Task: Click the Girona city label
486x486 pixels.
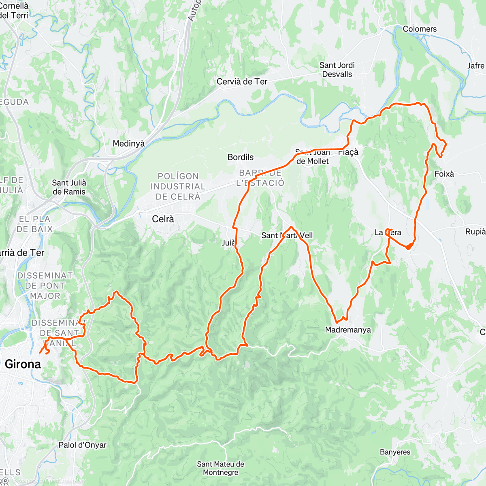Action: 23,364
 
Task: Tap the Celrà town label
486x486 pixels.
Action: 163,219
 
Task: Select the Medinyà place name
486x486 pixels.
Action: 128,143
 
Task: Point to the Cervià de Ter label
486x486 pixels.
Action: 242,81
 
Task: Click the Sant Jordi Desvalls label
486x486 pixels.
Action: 337,70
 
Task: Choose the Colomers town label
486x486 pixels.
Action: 420,29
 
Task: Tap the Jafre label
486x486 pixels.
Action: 475,66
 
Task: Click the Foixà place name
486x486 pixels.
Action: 444,174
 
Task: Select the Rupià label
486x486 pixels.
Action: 475,232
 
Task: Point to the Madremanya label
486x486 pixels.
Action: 348,330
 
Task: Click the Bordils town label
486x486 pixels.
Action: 240,157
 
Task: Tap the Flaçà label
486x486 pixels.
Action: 348,152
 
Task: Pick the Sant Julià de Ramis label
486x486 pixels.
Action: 69,187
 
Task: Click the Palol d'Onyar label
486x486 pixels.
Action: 82,445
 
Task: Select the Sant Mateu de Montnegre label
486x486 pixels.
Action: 220,468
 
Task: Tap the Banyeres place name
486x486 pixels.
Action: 395,452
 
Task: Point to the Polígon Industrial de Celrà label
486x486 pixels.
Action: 178,186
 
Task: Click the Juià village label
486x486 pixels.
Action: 228,243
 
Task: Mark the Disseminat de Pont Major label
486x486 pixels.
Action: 45,286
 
